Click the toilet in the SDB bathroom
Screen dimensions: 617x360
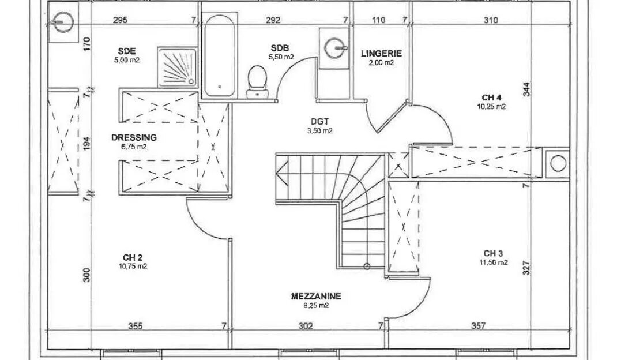(x=257, y=81)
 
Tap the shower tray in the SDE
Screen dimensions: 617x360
(x=178, y=67)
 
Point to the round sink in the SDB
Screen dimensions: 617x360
(x=335, y=48)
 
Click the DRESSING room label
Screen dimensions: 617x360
(x=134, y=137)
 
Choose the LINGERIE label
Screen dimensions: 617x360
(x=381, y=53)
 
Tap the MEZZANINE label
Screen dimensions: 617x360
(x=316, y=296)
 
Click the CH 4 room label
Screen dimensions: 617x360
(x=491, y=97)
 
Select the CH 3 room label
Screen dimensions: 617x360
(x=493, y=253)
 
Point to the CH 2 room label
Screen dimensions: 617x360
(x=133, y=257)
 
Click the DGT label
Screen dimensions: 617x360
(x=319, y=122)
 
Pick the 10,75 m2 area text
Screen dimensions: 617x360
(x=133, y=267)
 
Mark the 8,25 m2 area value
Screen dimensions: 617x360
(x=316, y=305)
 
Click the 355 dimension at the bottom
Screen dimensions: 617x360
(x=136, y=326)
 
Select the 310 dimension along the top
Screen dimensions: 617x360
(x=491, y=20)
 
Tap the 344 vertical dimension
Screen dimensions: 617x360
(x=527, y=89)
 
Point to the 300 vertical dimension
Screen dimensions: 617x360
(x=86, y=275)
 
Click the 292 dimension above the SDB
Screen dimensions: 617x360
(x=273, y=20)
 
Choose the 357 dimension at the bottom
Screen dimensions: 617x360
(x=478, y=326)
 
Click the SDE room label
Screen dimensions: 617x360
(x=127, y=51)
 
